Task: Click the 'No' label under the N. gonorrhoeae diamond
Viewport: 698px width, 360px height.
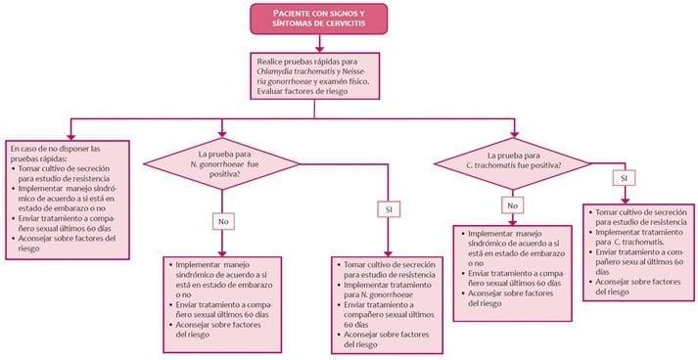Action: click(x=224, y=221)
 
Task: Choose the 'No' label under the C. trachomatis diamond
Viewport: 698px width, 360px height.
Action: click(x=511, y=205)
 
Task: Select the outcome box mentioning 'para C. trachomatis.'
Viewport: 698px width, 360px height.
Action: click(x=634, y=250)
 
